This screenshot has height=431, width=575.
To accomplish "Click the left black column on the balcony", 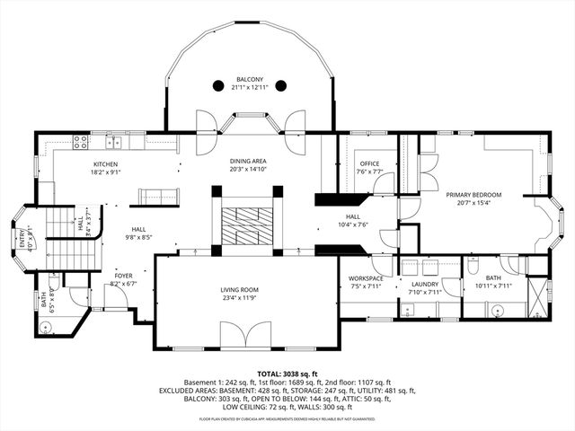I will coord(218,86).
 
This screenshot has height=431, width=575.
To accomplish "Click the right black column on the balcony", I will coord(280,86).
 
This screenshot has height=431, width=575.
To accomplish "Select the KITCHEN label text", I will coord(106,164).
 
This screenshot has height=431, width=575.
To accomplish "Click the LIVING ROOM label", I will coord(240,289).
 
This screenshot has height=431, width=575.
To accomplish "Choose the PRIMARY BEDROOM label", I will coord(473,194).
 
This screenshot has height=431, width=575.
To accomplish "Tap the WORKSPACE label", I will coord(366,278).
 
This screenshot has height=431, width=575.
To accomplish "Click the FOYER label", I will coord(123,276).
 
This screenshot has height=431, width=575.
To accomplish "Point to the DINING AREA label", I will coord(248,162).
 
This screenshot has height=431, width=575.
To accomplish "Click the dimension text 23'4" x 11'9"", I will coord(240,297).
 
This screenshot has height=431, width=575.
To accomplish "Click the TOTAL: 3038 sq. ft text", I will coord(287,373).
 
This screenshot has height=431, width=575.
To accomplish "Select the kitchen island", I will coord(156,195).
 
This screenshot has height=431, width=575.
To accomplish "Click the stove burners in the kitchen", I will coord(78,141).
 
